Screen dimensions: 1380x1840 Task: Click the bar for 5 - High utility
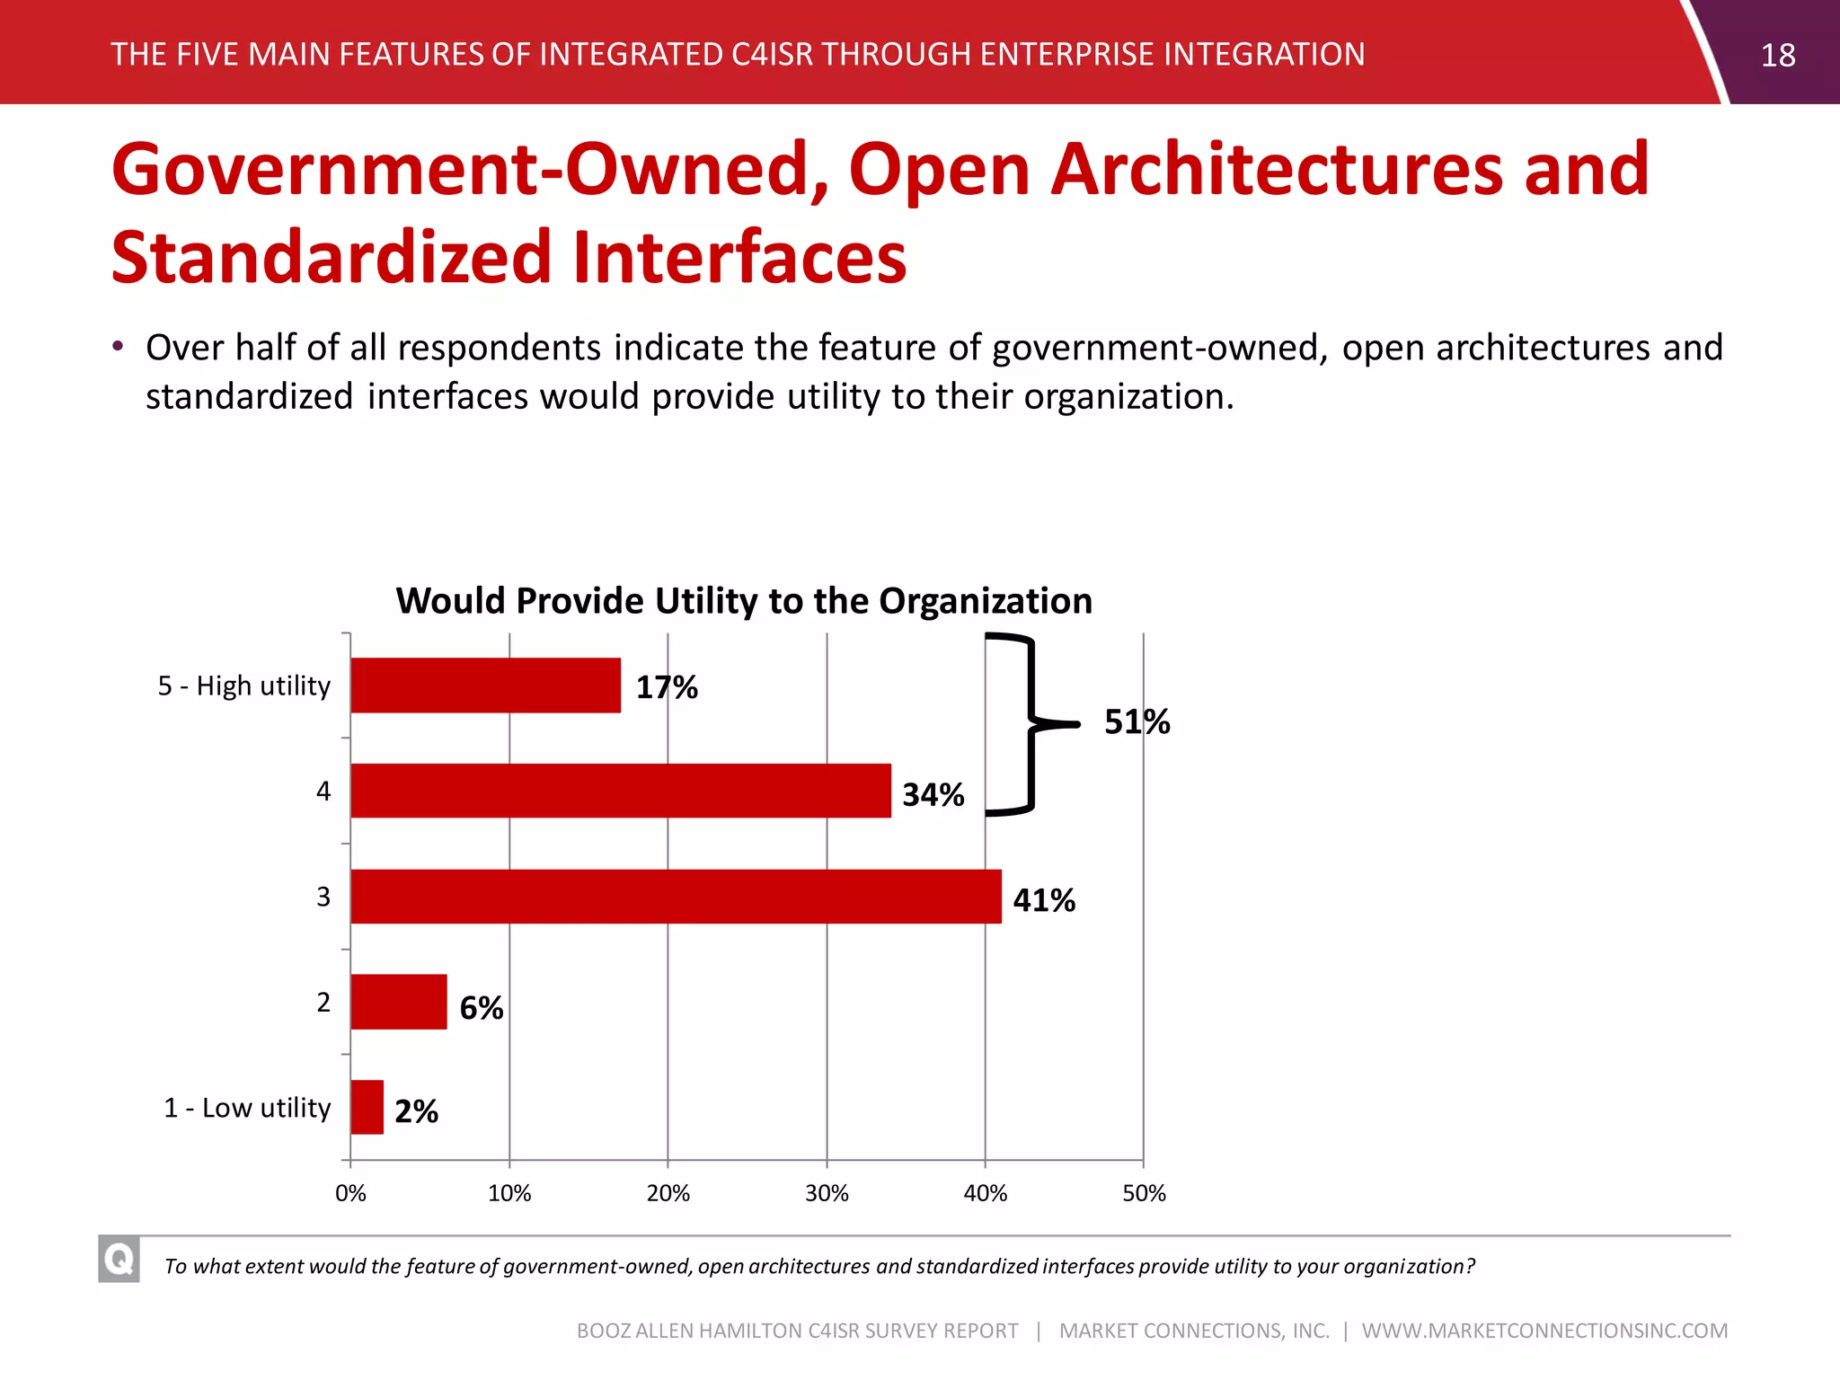point(485,686)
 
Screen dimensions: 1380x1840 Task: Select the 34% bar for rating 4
point(620,791)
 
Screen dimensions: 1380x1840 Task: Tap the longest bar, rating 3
point(676,897)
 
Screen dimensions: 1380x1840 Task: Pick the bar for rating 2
point(398,1002)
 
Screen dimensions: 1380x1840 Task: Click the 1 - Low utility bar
point(367,1107)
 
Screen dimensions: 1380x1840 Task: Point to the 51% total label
point(1137,722)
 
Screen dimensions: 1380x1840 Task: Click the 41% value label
point(1044,900)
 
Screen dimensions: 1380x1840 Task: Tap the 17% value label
point(667,688)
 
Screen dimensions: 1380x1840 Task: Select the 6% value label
point(481,1008)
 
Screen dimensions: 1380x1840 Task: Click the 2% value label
point(416,1112)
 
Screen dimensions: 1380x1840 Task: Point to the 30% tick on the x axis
point(827,1193)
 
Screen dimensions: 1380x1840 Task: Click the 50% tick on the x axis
point(1144,1193)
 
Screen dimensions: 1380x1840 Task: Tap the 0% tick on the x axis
point(350,1193)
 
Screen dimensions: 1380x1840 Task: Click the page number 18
point(1777,56)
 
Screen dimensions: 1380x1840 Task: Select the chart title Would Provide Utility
point(744,601)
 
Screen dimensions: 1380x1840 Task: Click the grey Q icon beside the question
point(119,1259)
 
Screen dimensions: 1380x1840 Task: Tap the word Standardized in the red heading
point(331,258)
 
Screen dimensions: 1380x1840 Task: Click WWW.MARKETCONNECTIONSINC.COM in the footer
point(1544,1331)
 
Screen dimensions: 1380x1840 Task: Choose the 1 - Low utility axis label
point(247,1108)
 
